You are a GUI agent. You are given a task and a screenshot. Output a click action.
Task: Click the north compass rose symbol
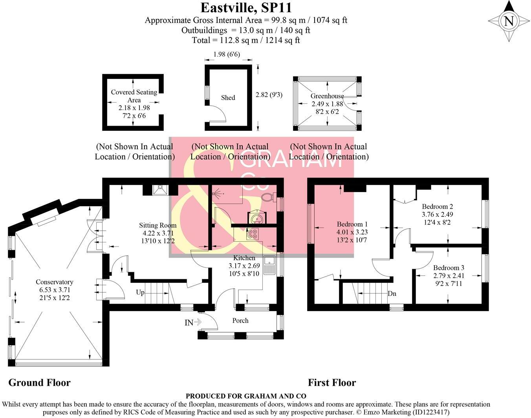[x=509, y=21]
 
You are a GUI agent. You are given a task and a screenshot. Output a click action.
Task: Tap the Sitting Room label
[x=157, y=225]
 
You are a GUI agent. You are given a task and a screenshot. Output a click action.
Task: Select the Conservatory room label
[x=54, y=282]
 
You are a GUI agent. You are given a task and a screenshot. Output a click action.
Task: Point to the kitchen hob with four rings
[x=252, y=235]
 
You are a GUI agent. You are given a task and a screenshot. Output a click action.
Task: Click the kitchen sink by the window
[x=270, y=265]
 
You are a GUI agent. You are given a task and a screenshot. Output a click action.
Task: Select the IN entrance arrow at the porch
[x=193, y=323]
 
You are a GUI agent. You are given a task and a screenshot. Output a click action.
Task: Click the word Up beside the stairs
[x=140, y=292]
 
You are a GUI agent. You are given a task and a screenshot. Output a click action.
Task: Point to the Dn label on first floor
[x=392, y=293]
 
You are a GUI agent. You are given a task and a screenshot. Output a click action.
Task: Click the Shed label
[x=228, y=98]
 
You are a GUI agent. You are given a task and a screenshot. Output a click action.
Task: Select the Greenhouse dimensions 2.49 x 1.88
[x=327, y=104]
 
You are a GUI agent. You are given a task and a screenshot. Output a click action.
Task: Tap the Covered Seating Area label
[x=134, y=96]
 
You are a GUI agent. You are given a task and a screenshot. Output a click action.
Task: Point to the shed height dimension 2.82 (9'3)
[x=269, y=95]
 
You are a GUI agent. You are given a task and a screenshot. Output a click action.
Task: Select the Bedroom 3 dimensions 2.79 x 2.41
[x=449, y=276]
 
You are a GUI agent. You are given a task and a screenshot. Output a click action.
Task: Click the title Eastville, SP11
[x=246, y=7]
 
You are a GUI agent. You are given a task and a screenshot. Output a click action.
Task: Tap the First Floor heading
[x=332, y=383]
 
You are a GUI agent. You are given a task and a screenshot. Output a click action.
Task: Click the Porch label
[x=240, y=321]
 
